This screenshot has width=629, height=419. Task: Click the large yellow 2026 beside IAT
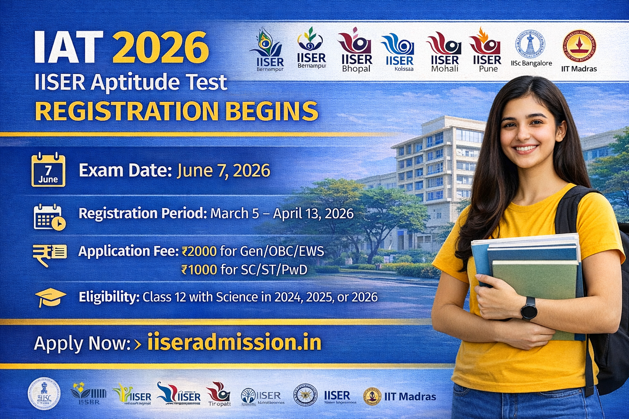[x=161, y=48]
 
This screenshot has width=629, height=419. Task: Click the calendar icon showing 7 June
[x=48, y=170]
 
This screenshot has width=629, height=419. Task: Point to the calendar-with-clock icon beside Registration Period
[x=49, y=217]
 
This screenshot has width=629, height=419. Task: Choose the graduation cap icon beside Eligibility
[x=50, y=297]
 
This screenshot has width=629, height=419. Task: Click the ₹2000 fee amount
[x=199, y=251]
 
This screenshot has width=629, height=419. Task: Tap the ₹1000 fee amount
[x=199, y=270]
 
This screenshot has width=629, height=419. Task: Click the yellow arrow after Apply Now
[x=138, y=344]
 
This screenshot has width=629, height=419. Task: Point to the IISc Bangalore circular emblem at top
[x=530, y=44]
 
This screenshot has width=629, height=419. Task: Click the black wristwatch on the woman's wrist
[x=529, y=308]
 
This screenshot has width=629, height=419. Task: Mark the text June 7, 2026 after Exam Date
[x=223, y=171]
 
